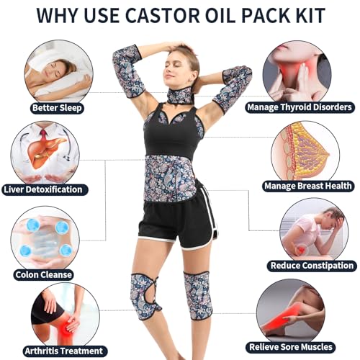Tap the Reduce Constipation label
click(311, 266)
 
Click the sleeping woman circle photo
click(56, 71)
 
